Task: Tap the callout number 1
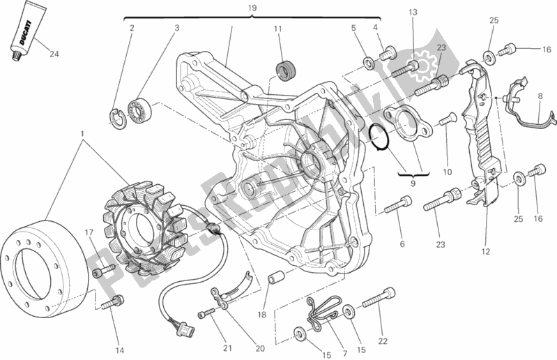82,132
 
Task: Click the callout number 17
90,232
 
